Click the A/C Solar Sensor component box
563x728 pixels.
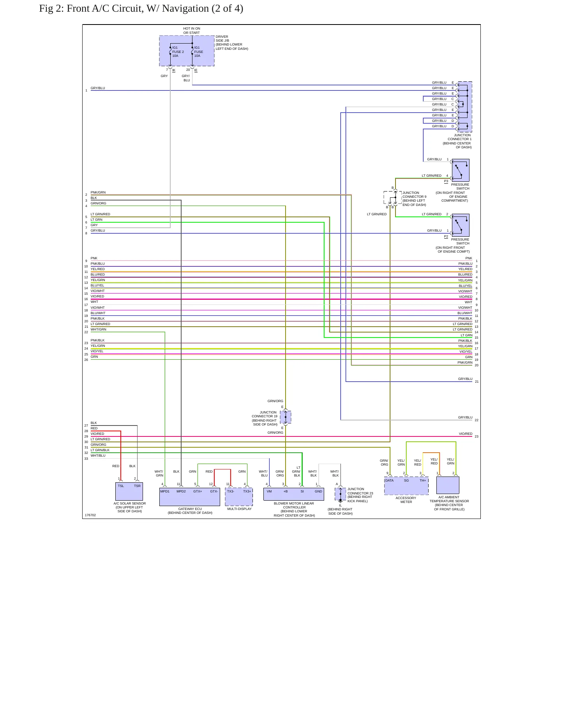tap(129, 492)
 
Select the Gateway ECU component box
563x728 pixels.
tap(190, 497)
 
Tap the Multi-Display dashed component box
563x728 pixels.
tap(239, 497)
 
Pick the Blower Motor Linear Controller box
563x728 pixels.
tap(294, 494)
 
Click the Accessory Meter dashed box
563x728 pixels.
tap(406, 486)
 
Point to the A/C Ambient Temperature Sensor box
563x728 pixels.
tap(448, 485)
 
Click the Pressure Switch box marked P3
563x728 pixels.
tap(461, 170)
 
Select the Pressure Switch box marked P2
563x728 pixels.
tap(461, 225)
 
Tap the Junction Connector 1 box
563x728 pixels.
tap(464, 107)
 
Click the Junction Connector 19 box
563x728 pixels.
tap(286, 417)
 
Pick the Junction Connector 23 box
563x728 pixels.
tap(340, 494)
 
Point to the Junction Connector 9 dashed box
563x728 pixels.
tap(392, 197)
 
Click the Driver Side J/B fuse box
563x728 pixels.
tap(187, 51)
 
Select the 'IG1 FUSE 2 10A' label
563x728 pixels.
tap(178, 52)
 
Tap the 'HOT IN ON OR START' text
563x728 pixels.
tap(192, 30)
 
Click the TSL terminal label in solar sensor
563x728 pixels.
tap(121, 486)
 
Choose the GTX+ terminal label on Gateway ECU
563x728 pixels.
tap(198, 491)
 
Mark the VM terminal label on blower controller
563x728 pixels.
tap(269, 491)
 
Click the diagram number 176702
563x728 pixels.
tap(90, 515)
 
